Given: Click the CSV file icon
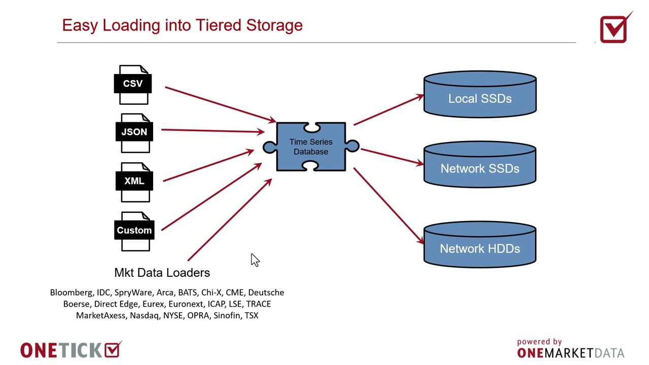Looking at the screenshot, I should (x=133, y=84).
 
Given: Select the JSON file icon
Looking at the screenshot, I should (x=134, y=133).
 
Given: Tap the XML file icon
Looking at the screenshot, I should (x=134, y=181).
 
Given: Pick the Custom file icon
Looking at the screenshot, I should (x=134, y=231).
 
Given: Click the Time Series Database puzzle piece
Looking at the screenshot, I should (x=311, y=147).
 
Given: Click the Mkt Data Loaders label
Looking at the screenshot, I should (x=162, y=273).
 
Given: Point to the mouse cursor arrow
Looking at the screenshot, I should (x=255, y=260).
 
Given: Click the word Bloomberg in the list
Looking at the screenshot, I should (x=71, y=293).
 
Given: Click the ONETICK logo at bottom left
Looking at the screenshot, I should (x=71, y=350).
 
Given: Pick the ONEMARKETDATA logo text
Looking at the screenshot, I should (x=570, y=353).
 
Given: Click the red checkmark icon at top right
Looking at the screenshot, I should (x=614, y=28).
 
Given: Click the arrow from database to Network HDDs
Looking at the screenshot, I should (x=389, y=206).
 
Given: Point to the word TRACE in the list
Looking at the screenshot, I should (x=259, y=304).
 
